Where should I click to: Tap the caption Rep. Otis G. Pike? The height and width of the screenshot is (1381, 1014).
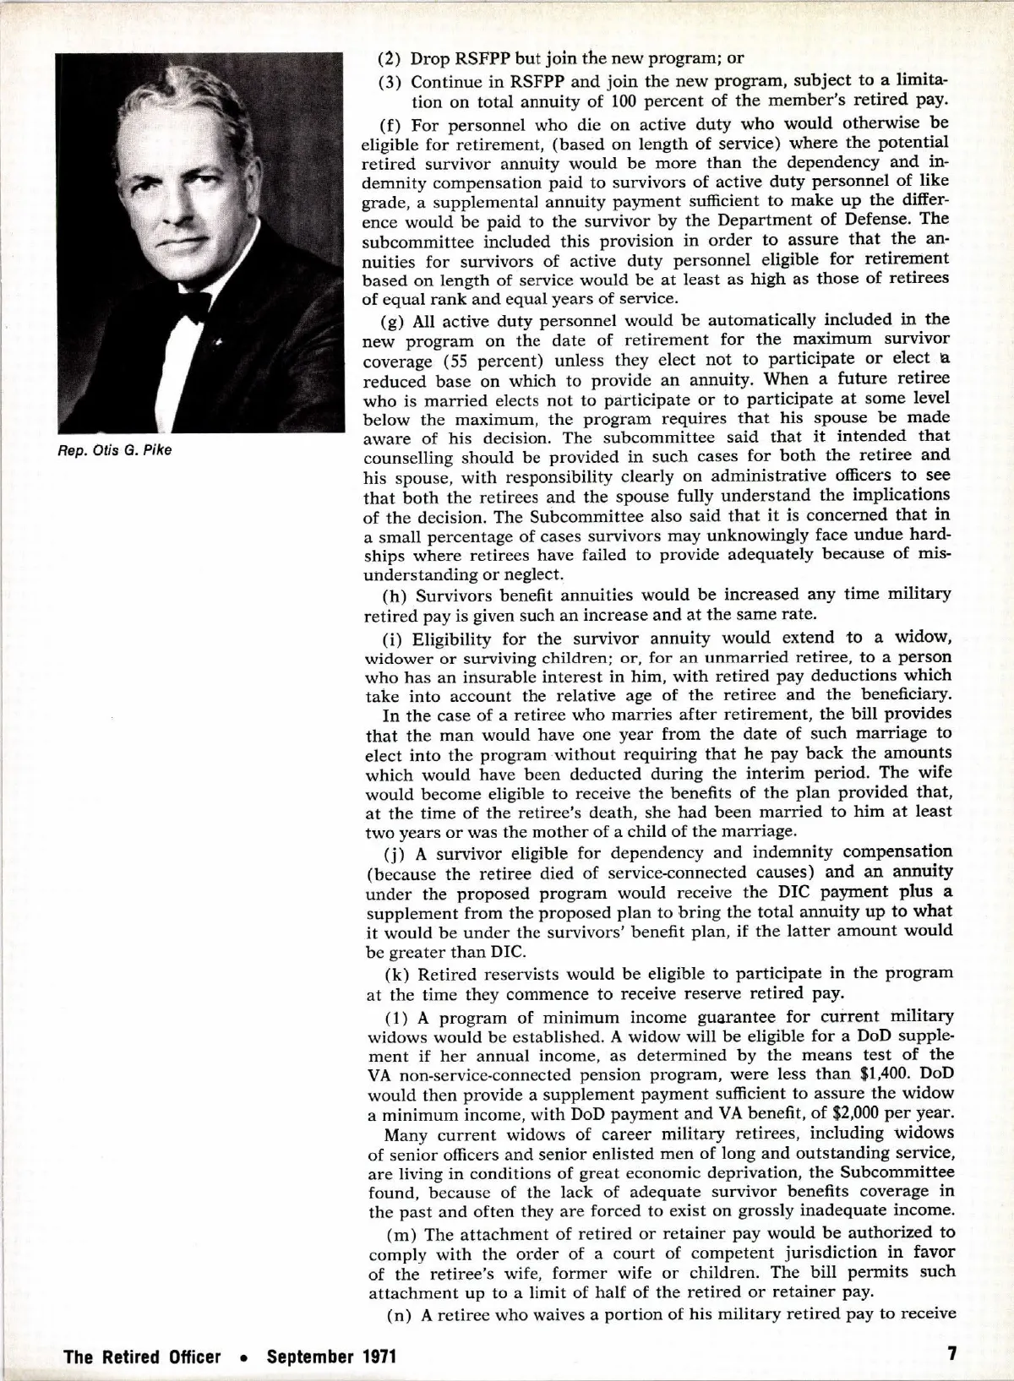(x=114, y=450)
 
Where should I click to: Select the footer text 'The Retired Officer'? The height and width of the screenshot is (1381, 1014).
(x=142, y=1357)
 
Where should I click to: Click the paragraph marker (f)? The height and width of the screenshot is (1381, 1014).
(x=393, y=124)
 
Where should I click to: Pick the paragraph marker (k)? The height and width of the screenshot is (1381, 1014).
(x=394, y=974)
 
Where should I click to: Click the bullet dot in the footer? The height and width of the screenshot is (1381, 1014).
(x=243, y=1357)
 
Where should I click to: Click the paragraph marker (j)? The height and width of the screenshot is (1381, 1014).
(x=393, y=851)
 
